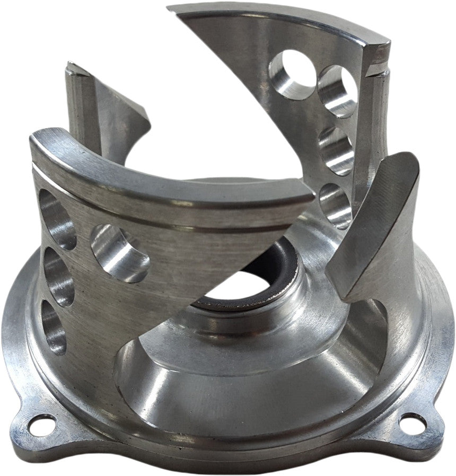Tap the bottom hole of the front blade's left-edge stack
tap(55, 326)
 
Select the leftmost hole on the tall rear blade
tap(291, 74)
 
